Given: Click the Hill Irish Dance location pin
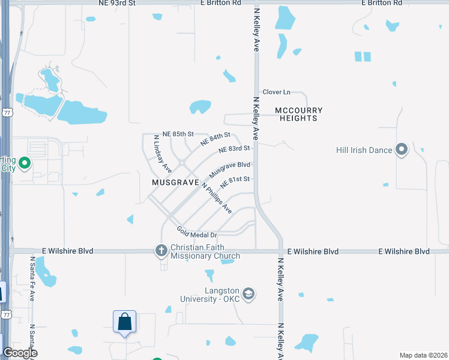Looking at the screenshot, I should pos(402,149).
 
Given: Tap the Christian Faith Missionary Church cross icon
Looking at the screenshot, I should pos(161,250).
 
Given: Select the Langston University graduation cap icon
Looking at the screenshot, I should pos(249,294).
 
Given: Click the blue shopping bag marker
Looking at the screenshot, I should pos(124,322).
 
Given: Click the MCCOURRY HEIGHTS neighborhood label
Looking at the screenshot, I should pos(298,114).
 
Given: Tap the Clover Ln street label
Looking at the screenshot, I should pos(276,92).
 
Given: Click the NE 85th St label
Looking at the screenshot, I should pos(178,134).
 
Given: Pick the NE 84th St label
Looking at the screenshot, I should pos(215,139).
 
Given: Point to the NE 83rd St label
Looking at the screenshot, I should pos(234,149).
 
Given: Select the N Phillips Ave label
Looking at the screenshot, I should pos(217,198).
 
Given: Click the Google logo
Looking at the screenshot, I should pos(20,353).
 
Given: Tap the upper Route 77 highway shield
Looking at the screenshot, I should pos(7,112).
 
